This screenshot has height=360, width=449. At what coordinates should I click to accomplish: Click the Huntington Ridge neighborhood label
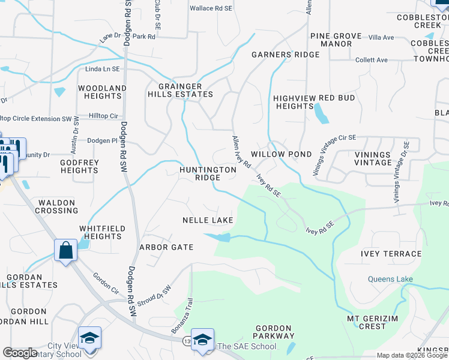pos(208,174)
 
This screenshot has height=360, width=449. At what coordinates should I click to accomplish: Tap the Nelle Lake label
pos(208,220)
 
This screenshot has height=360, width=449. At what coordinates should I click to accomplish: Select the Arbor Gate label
pos(166,247)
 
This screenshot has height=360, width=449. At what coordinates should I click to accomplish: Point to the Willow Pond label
pos(281,154)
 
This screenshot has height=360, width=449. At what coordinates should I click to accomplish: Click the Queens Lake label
pos(391,279)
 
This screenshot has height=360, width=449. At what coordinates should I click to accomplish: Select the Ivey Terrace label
pos(391,254)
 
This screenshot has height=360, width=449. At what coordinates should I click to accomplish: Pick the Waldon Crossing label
pos(56,206)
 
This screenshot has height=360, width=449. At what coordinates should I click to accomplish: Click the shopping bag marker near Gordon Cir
pos(65,250)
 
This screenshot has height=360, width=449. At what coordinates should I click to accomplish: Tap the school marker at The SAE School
pos(203,340)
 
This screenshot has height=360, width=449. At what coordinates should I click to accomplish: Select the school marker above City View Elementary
pos(89,338)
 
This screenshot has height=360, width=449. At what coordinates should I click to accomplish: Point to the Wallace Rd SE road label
pos(211,8)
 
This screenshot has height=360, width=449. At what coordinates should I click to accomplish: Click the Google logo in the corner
pos(20,353)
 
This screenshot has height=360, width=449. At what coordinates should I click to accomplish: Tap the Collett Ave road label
pos(372,60)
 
